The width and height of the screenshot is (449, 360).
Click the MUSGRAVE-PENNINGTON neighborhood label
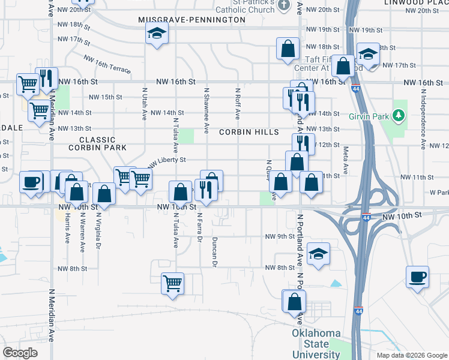[191, 20]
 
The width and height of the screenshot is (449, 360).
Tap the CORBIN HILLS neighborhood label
[249, 132]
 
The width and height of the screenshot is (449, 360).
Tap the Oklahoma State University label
[316, 344]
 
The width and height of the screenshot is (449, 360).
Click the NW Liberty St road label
[168, 161]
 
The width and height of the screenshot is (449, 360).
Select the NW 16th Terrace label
[107, 64]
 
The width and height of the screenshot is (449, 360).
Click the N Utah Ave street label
[145, 103]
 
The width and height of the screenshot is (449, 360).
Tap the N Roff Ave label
[238, 103]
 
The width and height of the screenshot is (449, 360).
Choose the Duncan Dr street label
[214, 251]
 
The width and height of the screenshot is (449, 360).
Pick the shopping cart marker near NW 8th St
[172, 283]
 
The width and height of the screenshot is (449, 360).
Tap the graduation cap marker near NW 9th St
[319, 253]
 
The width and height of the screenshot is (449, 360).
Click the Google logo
[20, 353]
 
